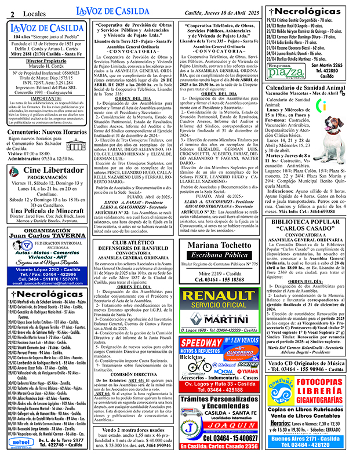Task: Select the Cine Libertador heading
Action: tap(45, 170)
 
